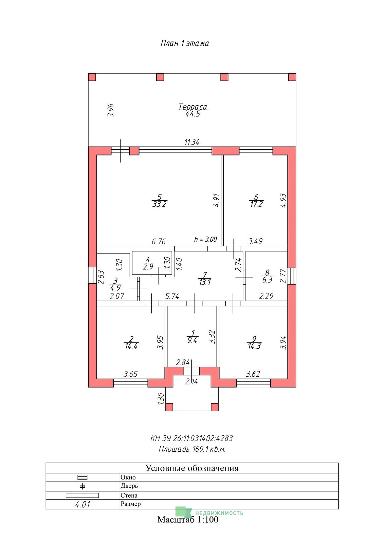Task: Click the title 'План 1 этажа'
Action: (x=185, y=43)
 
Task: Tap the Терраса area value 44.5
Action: (x=193, y=114)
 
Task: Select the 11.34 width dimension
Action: (x=192, y=142)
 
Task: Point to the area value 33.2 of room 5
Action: (x=160, y=204)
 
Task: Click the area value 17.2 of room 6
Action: (x=256, y=204)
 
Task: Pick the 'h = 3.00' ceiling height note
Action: (x=206, y=239)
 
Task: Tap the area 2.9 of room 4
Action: (x=148, y=267)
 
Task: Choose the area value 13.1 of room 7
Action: (x=205, y=282)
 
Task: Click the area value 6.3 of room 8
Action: (x=267, y=280)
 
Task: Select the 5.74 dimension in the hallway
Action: (x=172, y=296)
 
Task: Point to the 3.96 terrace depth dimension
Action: (x=111, y=110)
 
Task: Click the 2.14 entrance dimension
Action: (x=191, y=382)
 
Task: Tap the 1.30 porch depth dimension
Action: (x=161, y=398)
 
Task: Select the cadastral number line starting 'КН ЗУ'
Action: (x=191, y=438)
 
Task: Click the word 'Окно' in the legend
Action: (x=128, y=477)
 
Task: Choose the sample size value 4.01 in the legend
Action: (x=83, y=505)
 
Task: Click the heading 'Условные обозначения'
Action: (x=192, y=468)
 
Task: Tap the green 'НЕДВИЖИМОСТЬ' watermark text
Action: (x=219, y=513)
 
